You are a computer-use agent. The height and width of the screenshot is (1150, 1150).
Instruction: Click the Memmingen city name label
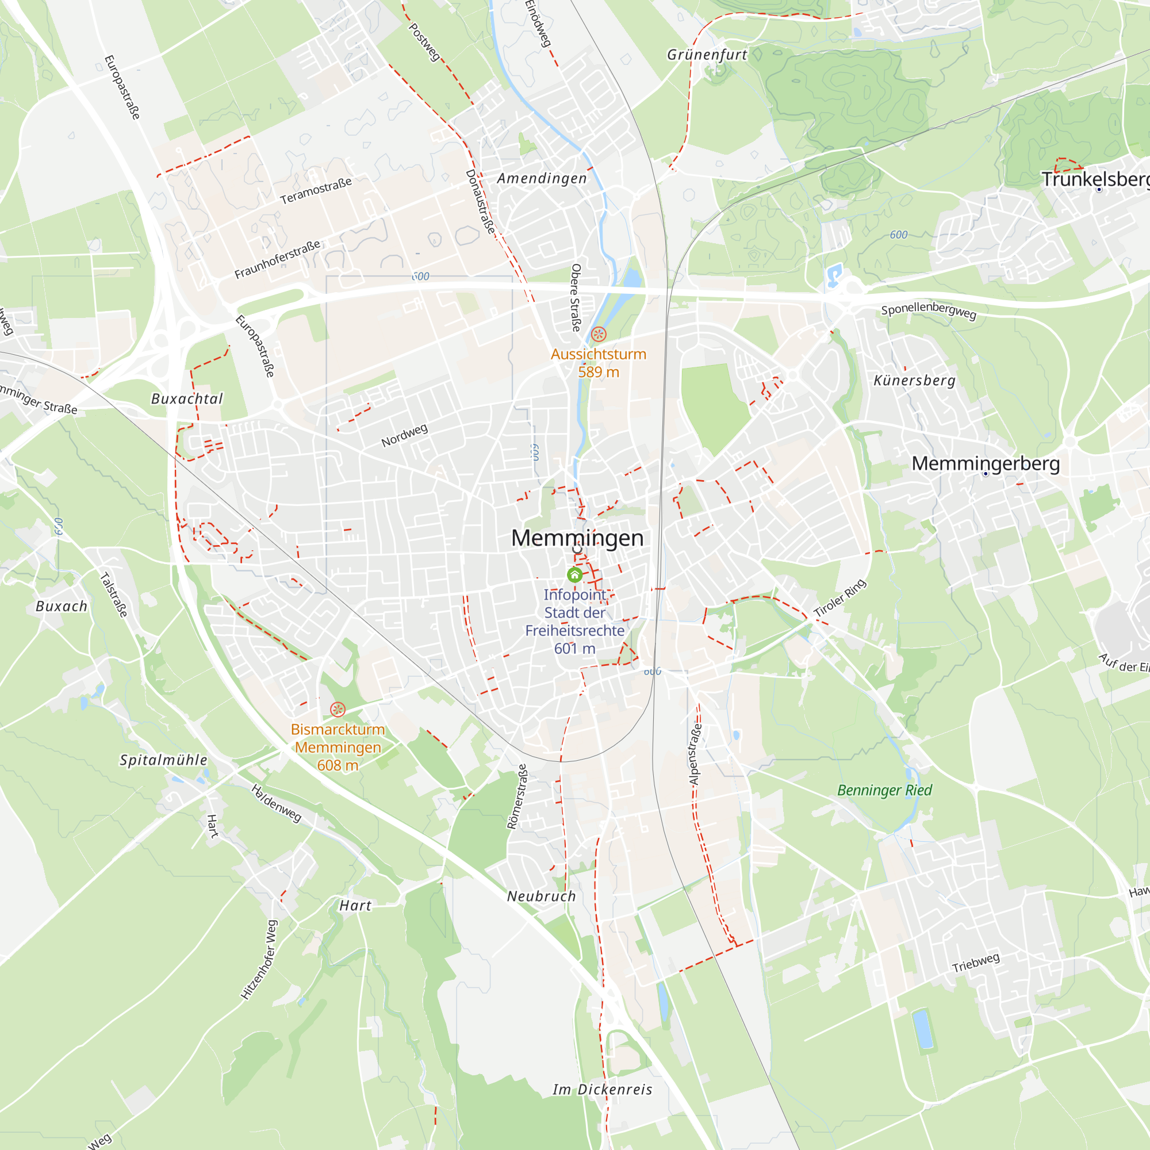coord(577,538)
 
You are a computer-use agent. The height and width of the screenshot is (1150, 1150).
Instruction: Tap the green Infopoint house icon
coord(574,574)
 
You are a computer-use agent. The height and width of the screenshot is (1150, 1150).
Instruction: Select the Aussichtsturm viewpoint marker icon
coord(598,334)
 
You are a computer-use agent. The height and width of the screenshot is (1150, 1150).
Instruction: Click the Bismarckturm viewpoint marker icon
coord(338,709)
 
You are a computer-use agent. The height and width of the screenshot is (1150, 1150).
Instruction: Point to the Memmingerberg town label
coord(985,463)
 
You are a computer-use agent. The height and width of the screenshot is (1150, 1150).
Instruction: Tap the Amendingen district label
coord(542,178)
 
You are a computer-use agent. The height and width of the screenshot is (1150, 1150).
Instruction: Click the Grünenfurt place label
coord(707,55)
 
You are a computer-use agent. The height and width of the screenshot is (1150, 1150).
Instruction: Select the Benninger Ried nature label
coord(884,791)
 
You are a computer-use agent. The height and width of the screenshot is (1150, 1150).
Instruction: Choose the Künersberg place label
coord(914,380)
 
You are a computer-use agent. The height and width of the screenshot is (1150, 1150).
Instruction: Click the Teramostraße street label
coord(316,190)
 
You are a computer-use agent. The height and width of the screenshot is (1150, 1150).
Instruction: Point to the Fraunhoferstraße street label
coord(277,259)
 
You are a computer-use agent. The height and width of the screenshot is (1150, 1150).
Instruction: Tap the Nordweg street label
coord(404,436)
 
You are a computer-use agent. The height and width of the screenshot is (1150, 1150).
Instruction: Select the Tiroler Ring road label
coord(840,597)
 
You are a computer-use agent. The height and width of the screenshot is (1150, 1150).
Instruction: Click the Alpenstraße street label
coord(694,754)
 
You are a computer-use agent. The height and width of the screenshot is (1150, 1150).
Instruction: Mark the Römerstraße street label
coord(517,796)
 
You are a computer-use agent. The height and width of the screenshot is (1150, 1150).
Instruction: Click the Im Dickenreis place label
coord(603,1089)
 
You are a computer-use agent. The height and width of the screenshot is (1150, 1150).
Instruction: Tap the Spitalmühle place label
coord(164,760)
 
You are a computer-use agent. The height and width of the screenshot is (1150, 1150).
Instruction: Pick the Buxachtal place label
coord(187,399)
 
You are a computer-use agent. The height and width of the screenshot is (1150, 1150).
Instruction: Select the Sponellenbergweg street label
coord(929,310)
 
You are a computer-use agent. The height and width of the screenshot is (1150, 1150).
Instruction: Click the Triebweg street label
coord(976,963)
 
